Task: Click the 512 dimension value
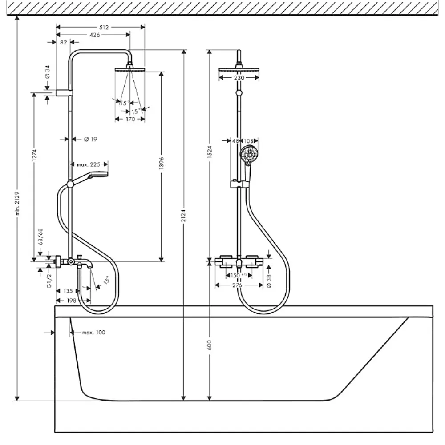pyautogui.click(x=104, y=27)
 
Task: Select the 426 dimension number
pyautogui.click(x=95, y=35)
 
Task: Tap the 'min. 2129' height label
pyautogui.click(x=17, y=203)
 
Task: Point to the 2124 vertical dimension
pyautogui.click(x=184, y=216)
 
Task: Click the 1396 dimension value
pyautogui.click(x=162, y=163)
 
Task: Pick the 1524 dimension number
pyautogui.click(x=210, y=152)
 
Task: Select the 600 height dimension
pyautogui.click(x=210, y=345)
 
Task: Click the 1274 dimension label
pyautogui.click(x=34, y=155)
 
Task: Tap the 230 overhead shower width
pyautogui.click(x=239, y=77)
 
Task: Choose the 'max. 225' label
pyautogui.click(x=89, y=164)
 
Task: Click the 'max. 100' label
pyautogui.click(x=94, y=333)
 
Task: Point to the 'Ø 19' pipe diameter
pyautogui.click(x=91, y=139)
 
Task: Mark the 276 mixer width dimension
pyautogui.click(x=237, y=285)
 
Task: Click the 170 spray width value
pyautogui.click(x=130, y=119)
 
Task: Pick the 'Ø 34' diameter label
pyautogui.click(x=47, y=72)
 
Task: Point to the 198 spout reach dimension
pyautogui.click(x=71, y=301)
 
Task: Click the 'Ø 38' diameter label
pyautogui.click(x=269, y=281)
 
